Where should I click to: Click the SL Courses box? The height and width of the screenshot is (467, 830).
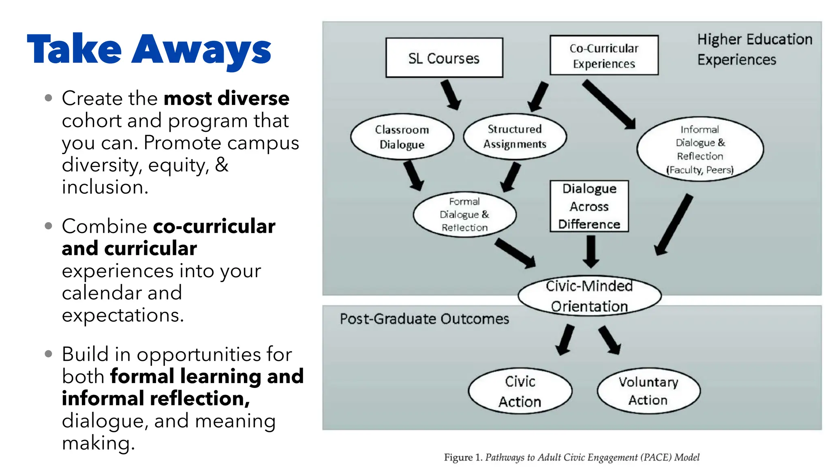(444, 58)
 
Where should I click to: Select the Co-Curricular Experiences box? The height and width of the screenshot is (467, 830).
(604, 56)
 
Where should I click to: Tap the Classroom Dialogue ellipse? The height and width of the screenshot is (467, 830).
(402, 137)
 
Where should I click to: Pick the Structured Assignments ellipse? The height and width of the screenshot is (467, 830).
(515, 136)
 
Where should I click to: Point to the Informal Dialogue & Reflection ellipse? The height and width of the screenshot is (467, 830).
(700, 149)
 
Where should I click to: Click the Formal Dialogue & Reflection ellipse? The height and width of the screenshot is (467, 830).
(464, 214)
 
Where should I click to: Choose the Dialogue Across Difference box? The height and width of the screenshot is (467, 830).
(589, 206)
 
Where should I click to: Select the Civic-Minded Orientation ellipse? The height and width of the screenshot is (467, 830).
(589, 296)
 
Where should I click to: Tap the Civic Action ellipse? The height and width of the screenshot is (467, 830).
(520, 391)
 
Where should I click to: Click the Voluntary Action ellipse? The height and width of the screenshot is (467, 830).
(648, 391)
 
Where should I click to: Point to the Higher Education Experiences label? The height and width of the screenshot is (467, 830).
(754, 49)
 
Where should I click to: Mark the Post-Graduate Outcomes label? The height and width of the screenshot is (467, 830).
(424, 319)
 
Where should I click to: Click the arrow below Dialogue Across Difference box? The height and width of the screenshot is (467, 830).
(591, 251)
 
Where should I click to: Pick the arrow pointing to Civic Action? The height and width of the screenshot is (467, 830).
(565, 340)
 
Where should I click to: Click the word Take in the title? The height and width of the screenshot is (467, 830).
(74, 49)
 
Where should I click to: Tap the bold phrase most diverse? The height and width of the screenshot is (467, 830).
(226, 99)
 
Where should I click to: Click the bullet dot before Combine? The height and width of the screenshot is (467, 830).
(49, 226)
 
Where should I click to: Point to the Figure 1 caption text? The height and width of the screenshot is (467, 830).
(571, 457)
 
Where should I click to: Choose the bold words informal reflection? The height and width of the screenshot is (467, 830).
(156, 398)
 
